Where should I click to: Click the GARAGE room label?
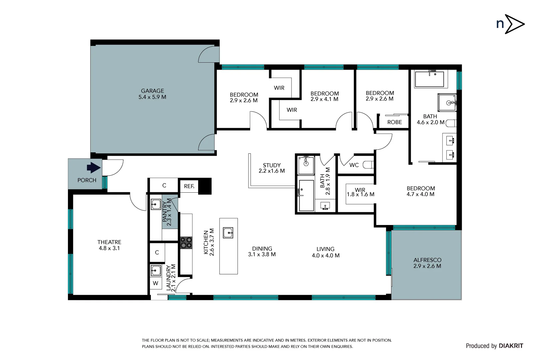point(152,94)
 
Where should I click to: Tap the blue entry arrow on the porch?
point(94,168)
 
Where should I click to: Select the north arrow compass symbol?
point(510,24)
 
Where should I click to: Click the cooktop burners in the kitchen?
point(186,243)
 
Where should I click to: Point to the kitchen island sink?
point(228,233)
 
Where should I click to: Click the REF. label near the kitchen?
point(189,186)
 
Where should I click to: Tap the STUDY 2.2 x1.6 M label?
point(271,168)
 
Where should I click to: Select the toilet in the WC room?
point(368,165)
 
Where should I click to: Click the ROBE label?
point(394,122)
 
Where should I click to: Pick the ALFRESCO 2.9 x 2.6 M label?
point(427,263)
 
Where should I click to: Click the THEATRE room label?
point(109,245)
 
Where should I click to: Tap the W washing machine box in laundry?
point(156,283)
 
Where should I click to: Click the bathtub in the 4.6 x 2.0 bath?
point(429,79)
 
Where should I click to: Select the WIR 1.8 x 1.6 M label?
point(360,192)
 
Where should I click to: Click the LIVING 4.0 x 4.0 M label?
point(325,252)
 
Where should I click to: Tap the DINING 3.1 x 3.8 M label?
point(262,251)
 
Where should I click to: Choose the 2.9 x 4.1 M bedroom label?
point(324,96)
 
